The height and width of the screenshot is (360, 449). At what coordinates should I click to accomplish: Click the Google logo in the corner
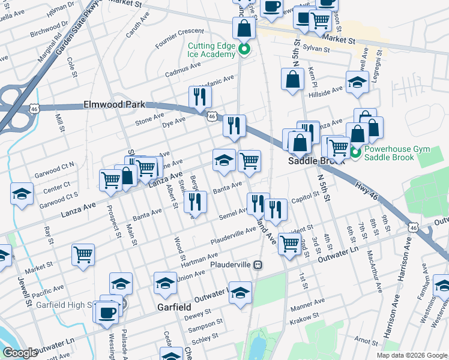[x=20, y=352]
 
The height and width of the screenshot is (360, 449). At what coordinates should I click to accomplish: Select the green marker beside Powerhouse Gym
[x=355, y=153]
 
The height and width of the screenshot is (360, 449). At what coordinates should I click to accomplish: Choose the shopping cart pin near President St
[x=290, y=243]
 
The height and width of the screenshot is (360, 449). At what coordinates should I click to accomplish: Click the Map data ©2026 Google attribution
[x=411, y=355]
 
